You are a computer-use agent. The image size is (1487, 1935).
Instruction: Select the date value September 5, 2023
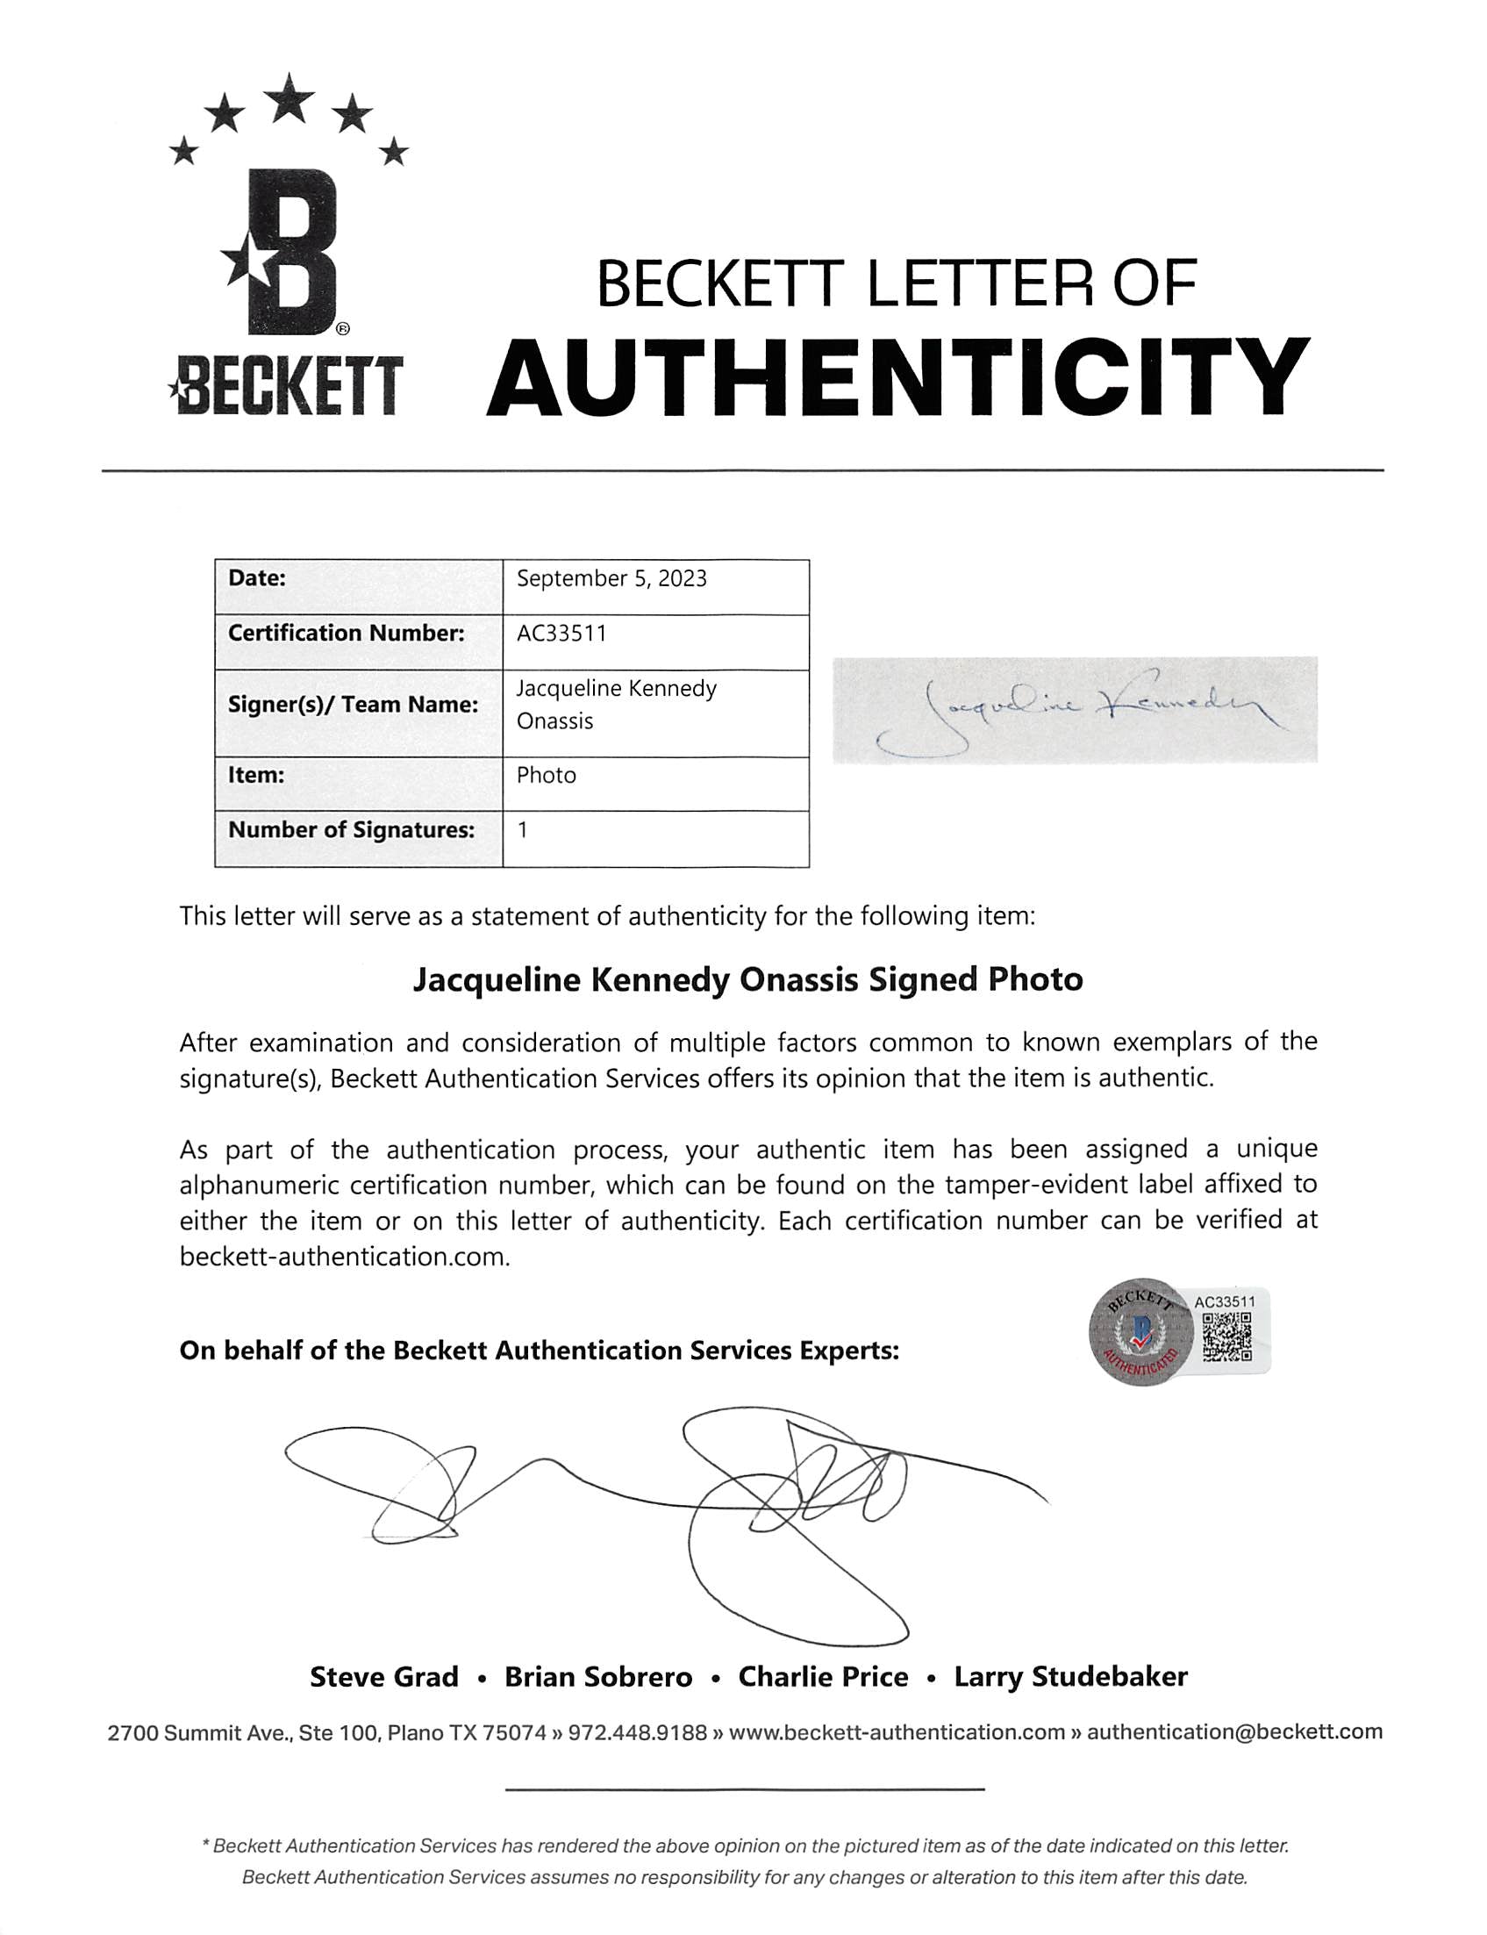point(611,579)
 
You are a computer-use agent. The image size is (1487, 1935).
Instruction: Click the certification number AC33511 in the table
point(561,634)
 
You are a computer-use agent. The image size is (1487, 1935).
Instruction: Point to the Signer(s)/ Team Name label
point(354,705)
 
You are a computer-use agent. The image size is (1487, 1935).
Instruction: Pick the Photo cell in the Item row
point(547,776)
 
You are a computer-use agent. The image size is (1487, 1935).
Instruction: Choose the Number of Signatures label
point(352,830)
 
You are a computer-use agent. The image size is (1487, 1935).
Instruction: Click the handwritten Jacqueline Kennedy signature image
point(1075,710)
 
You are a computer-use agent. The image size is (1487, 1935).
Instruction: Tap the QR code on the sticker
point(1226,1337)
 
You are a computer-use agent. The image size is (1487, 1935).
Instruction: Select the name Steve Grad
point(384,1677)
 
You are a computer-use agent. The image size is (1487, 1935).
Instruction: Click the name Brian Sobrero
point(598,1677)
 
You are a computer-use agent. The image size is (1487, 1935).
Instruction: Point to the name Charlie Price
point(823,1677)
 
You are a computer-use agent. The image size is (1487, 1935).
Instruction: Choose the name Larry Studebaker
point(1070,1677)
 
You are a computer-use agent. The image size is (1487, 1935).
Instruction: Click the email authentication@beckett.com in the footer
point(1234,1732)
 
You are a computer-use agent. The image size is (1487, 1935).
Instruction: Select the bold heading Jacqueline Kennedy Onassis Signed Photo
point(748,980)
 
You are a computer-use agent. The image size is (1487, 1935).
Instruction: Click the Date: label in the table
point(257,579)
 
